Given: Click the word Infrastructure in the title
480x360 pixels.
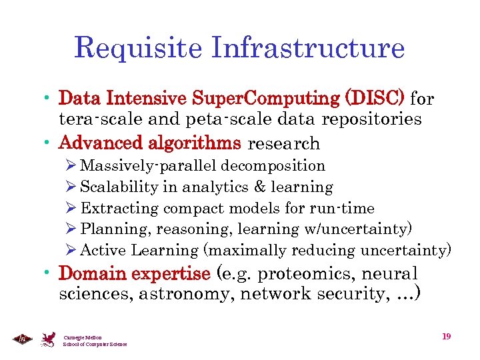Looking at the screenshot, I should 307,48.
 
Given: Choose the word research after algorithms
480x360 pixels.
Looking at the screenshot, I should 283,143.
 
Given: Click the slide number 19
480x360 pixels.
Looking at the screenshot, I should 446,336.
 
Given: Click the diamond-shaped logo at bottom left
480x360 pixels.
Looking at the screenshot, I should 21,339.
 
